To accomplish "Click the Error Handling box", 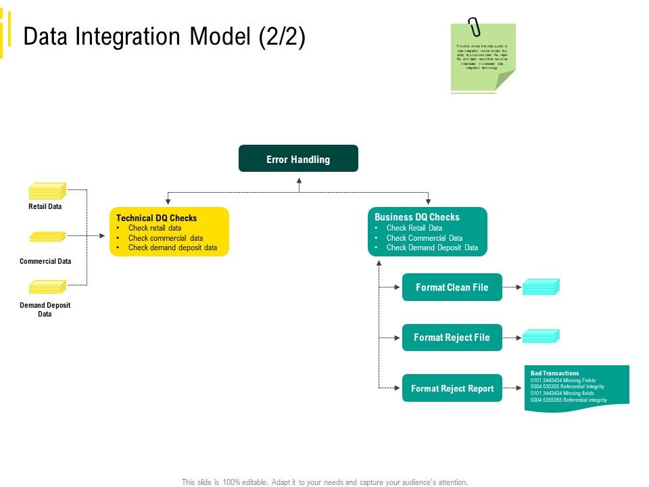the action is [x=298, y=159].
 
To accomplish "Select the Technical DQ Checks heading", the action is [x=156, y=218].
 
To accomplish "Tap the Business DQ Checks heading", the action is [x=416, y=217].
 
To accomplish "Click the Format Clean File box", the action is [x=452, y=287].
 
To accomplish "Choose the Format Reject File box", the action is [x=452, y=338].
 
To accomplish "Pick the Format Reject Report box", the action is [x=452, y=388].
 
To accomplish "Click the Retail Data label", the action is [x=45, y=207].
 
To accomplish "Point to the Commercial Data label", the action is [x=45, y=261].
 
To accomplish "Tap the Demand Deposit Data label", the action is [x=45, y=309].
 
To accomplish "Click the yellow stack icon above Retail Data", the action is [x=47, y=191].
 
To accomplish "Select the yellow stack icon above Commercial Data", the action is [x=47, y=237].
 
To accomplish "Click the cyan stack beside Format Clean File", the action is [x=541, y=287].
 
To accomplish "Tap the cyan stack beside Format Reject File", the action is [x=541, y=336].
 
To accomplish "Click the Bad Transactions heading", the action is [x=554, y=373].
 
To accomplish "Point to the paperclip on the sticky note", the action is [x=475, y=28].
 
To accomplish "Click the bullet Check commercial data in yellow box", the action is [x=166, y=238].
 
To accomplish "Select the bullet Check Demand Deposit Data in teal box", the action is [x=432, y=248].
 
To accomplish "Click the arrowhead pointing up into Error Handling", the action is [x=299, y=181].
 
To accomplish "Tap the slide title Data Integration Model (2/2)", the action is [x=164, y=37].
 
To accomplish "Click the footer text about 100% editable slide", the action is [x=324, y=482].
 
